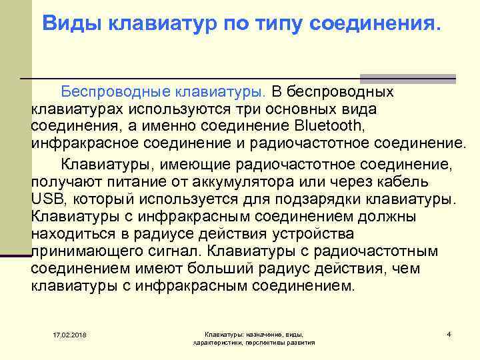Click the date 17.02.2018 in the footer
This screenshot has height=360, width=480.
[x=73, y=334]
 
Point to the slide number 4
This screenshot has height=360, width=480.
[x=449, y=333]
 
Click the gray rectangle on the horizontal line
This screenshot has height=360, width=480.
[x=407, y=77]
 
